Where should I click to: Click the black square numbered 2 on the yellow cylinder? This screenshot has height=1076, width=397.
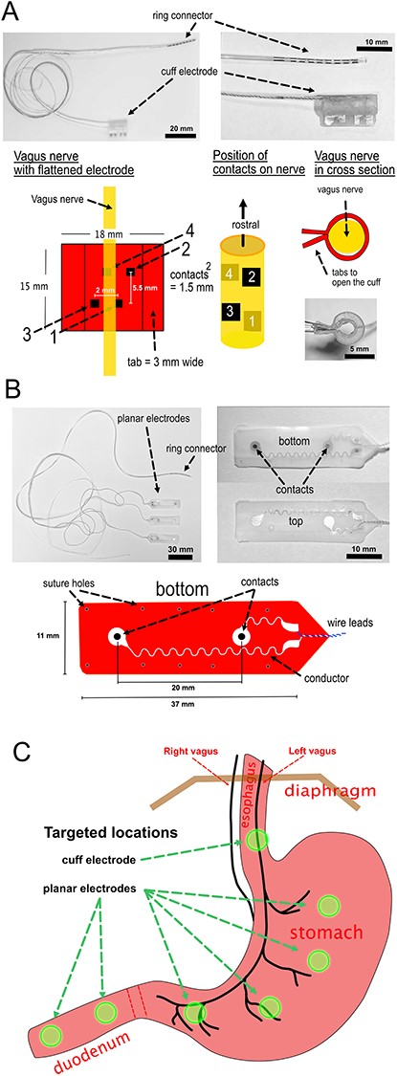click(x=250, y=276)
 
